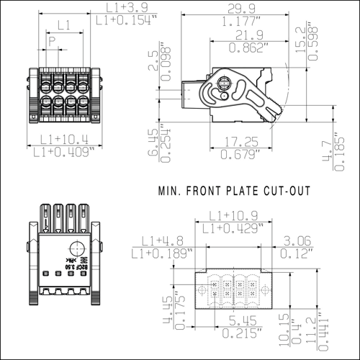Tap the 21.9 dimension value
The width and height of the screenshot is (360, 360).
click(248, 35)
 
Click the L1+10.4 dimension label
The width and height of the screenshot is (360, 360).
click(64, 138)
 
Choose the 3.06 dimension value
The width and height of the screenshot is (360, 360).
click(296, 241)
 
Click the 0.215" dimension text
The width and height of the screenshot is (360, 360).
click(241, 333)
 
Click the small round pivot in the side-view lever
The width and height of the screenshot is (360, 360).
click(225, 95)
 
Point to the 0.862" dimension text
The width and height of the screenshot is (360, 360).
click(248, 48)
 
